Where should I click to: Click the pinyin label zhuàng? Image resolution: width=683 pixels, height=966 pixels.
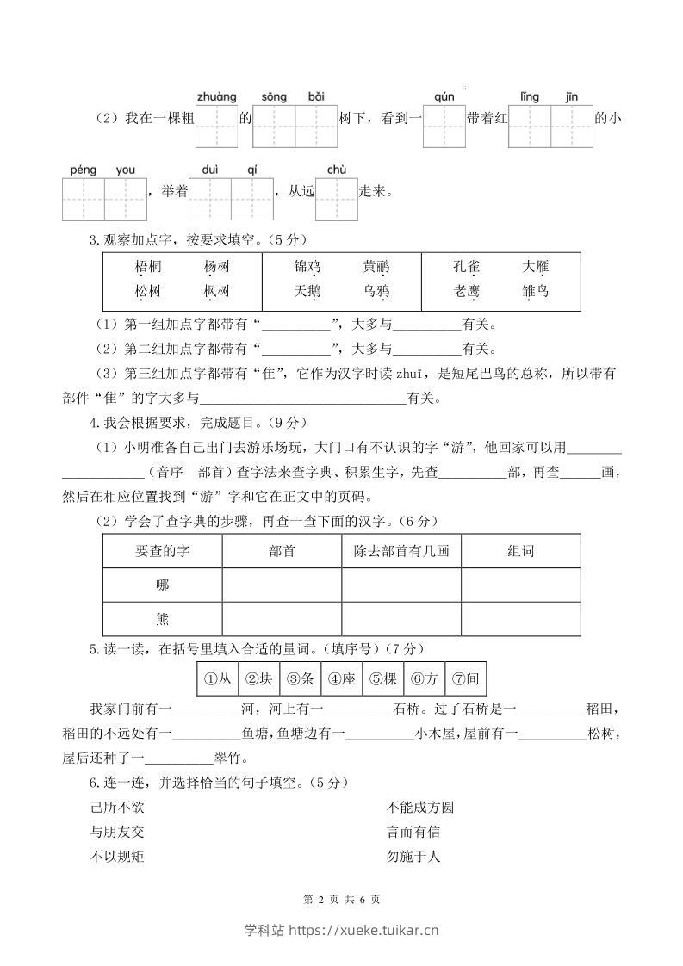click(x=216, y=96)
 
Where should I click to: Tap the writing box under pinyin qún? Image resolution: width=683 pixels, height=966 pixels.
click(x=444, y=127)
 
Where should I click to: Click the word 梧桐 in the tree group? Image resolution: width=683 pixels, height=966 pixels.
click(x=148, y=266)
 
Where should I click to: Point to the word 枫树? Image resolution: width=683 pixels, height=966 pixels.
click(x=217, y=292)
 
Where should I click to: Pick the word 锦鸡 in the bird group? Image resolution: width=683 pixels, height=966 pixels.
click(x=307, y=266)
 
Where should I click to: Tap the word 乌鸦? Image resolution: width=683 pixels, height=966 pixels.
click(x=376, y=292)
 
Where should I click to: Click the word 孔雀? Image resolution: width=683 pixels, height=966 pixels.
click(x=466, y=266)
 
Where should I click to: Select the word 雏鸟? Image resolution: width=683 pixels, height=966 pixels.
click(x=535, y=292)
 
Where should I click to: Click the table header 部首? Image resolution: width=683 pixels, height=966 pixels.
click(x=282, y=551)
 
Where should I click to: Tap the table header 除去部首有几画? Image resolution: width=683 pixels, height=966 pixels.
click(x=401, y=551)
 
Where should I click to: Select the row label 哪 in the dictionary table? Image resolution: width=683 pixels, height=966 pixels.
click(x=162, y=585)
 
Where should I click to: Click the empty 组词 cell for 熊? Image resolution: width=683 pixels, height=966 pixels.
click(x=520, y=619)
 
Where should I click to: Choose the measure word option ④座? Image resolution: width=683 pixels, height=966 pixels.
click(x=341, y=679)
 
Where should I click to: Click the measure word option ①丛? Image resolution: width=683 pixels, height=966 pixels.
click(x=217, y=679)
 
